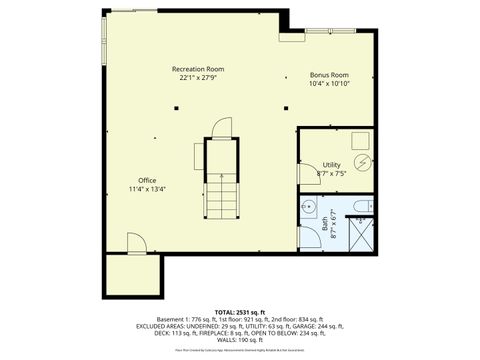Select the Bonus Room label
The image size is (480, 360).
pos(329,75)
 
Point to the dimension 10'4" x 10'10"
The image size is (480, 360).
pos(329,84)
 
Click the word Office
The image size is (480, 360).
pos(148,180)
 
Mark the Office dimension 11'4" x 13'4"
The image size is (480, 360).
pos(148,189)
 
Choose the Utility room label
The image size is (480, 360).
pos(332,164)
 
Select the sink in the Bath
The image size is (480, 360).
pos(310,207)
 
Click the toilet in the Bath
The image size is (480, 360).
pos(365,206)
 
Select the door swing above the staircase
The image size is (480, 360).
pos(222,127)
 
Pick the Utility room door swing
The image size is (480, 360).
pos(307,173)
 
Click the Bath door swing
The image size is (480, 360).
pos(306,236)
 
